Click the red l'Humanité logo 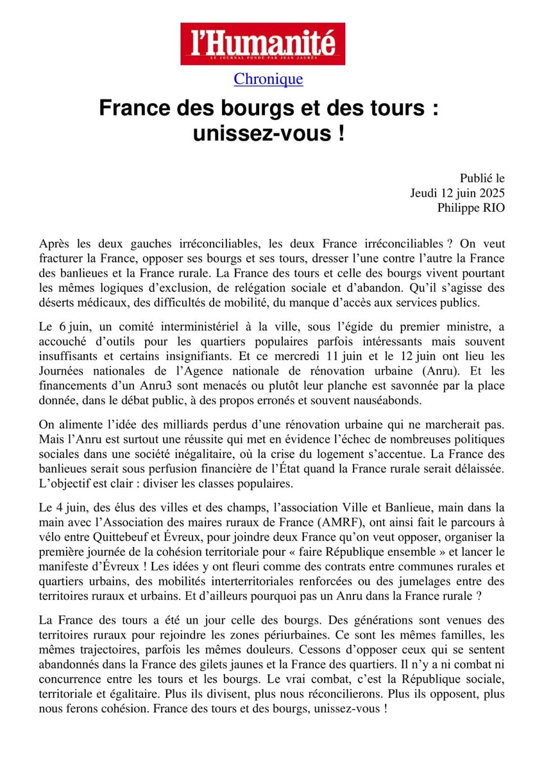262,44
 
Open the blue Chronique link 268,80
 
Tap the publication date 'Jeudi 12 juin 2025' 457,192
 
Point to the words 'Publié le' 482,177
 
